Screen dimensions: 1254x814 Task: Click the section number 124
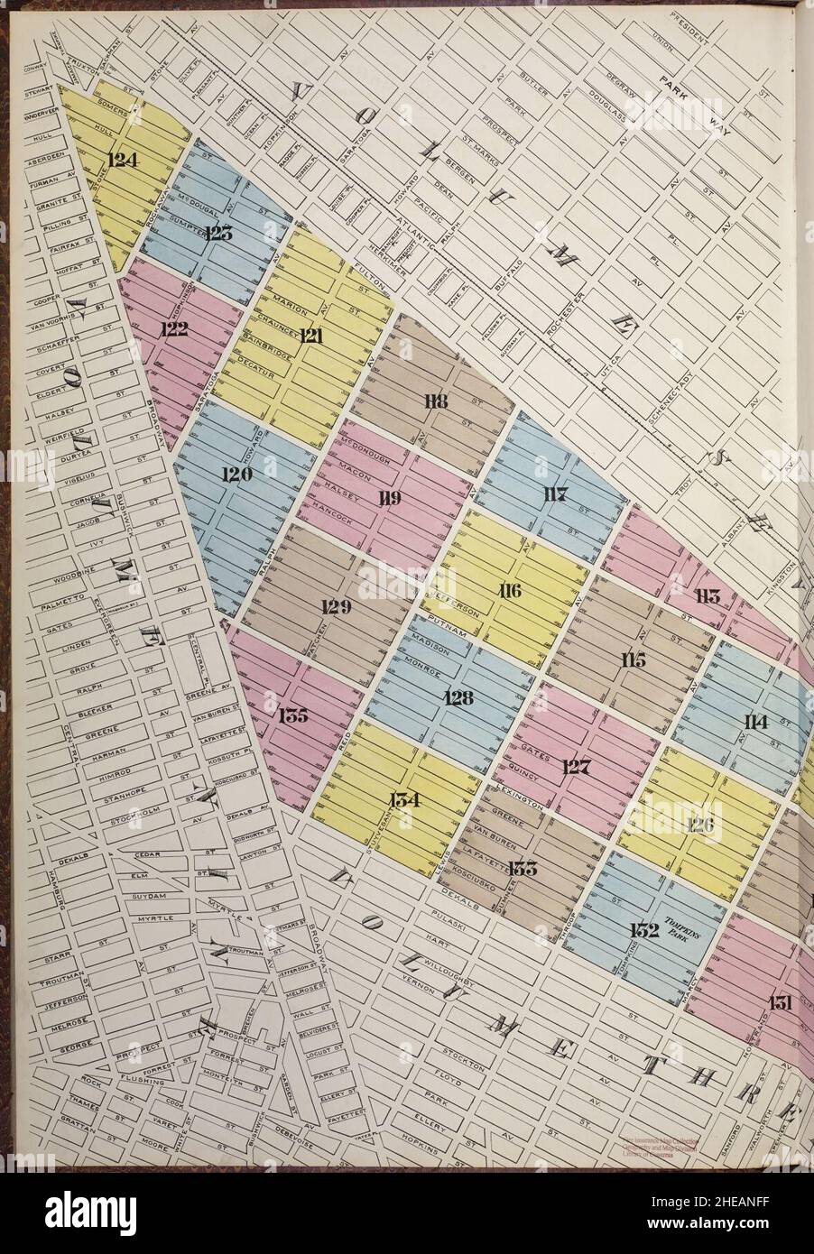point(122,161)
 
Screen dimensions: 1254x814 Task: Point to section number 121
point(311,336)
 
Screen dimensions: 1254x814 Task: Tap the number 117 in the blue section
point(554,493)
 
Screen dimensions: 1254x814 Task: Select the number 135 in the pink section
point(293,716)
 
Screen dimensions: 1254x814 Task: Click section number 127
point(575,768)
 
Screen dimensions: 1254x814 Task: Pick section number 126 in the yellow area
point(703,825)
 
